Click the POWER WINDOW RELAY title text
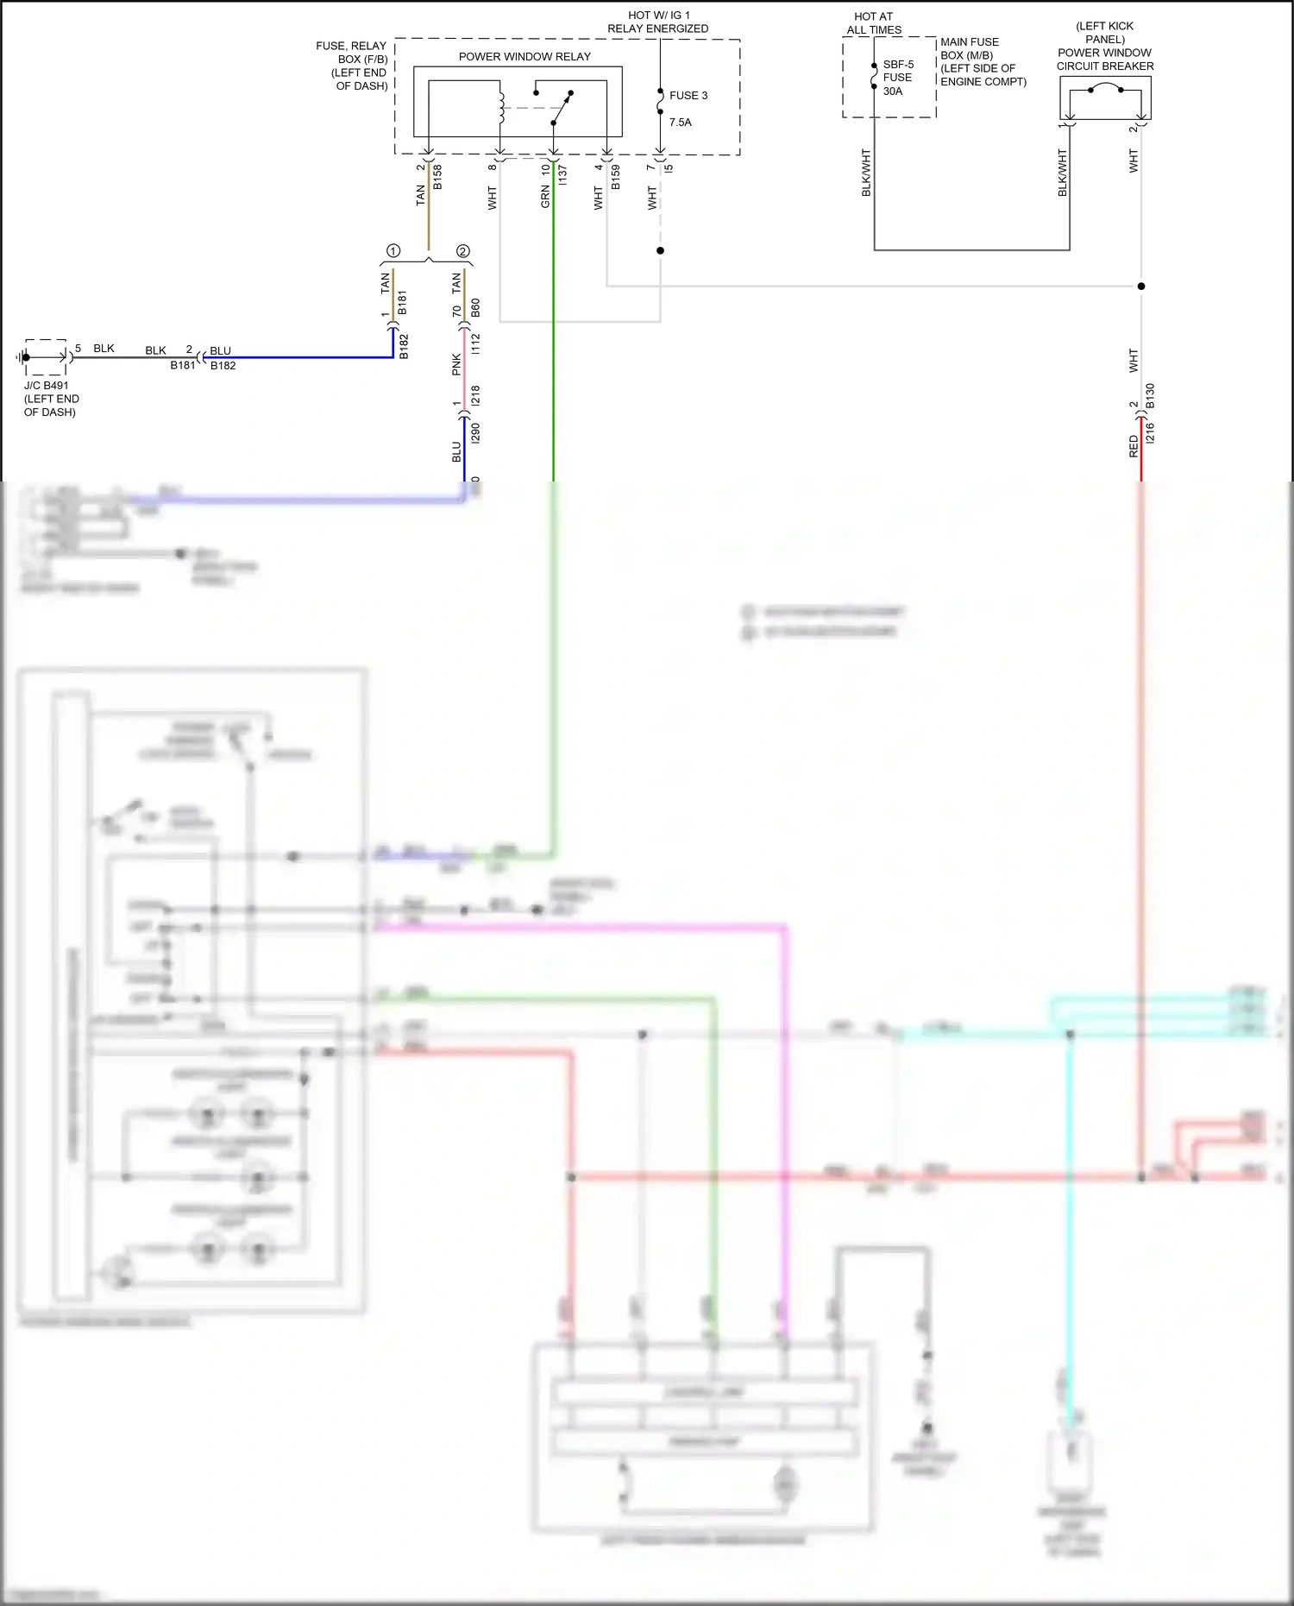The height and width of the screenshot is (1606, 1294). click(x=525, y=57)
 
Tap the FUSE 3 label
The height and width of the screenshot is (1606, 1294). click(x=688, y=96)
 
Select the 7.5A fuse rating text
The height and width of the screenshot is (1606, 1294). click(x=681, y=123)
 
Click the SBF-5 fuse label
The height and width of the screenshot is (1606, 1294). click(x=898, y=65)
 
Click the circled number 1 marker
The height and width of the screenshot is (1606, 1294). click(x=393, y=251)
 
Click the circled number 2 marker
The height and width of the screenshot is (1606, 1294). click(x=463, y=251)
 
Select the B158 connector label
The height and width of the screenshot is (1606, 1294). click(x=437, y=177)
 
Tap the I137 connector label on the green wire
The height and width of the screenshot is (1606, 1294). click(x=562, y=177)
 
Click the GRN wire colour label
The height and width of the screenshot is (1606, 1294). click(x=545, y=198)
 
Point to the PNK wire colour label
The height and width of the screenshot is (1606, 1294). click(x=456, y=365)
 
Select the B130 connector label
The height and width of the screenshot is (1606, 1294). click(x=1150, y=396)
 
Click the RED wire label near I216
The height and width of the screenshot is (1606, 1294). click(x=1134, y=446)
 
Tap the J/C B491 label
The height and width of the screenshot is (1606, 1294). click(x=47, y=386)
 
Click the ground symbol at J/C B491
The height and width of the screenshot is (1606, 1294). click(x=21, y=357)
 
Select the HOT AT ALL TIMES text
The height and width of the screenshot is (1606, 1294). click(x=874, y=23)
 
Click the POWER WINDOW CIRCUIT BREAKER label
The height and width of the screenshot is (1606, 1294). click(x=1105, y=60)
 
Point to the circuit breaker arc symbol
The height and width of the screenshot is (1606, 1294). click(x=1105, y=87)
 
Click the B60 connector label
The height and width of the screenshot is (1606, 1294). click(x=475, y=308)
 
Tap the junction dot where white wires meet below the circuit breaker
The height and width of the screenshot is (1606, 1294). click(x=1141, y=286)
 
